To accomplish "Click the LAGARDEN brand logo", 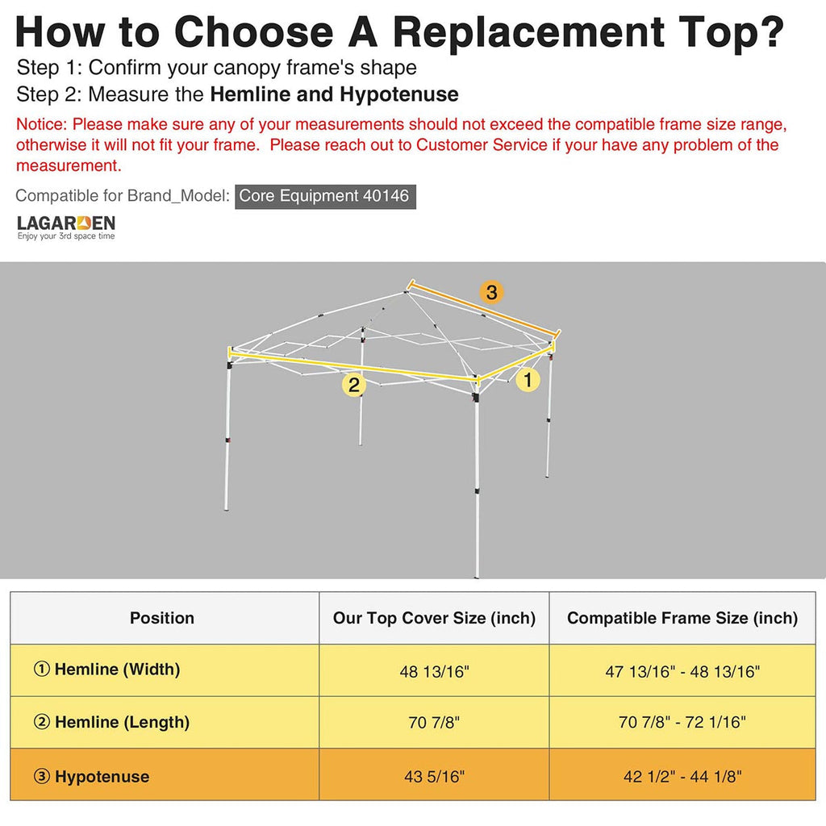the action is (66, 227).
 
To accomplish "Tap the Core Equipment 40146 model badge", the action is (325, 196).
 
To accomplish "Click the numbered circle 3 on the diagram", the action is (491, 292).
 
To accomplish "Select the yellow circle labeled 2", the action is (354, 385).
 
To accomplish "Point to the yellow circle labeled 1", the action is (528, 379).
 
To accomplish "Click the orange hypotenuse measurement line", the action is (484, 309).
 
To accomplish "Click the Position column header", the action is (161, 618).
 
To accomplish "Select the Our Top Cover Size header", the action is (434, 618).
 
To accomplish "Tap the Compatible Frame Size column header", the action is (682, 618).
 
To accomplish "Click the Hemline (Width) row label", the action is (107, 670).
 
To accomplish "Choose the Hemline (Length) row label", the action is (111, 722).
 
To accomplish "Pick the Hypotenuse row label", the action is (91, 777).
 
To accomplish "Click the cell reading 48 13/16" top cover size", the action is (434, 672).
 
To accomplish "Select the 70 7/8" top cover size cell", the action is (434, 722).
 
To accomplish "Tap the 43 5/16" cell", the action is (434, 777).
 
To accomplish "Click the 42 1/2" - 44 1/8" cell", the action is (682, 777).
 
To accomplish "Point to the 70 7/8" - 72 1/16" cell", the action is (682, 722).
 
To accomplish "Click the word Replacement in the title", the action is (528, 32).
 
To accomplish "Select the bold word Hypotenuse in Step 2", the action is (399, 95).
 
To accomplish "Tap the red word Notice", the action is (42, 124).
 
